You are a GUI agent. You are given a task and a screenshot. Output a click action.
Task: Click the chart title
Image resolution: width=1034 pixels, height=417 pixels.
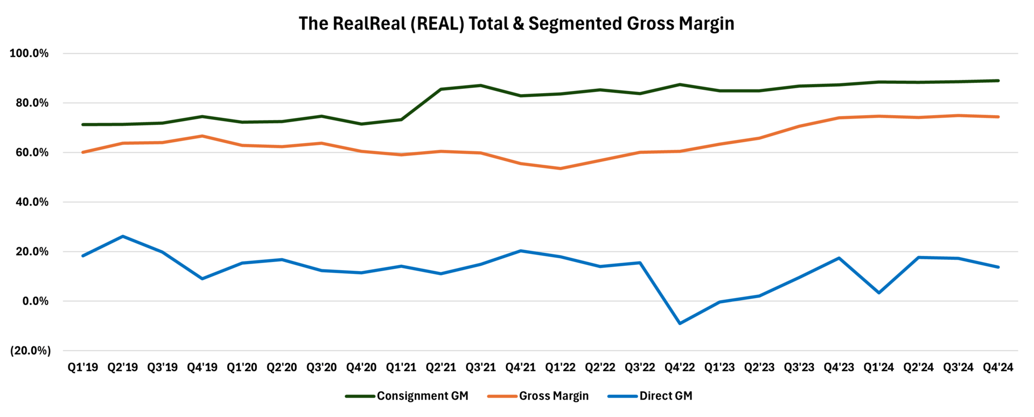point(516,24)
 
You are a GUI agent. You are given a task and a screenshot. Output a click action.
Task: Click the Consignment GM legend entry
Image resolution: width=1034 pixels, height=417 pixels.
point(422,396)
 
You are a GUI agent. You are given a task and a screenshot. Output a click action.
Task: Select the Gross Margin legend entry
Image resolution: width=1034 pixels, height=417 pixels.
point(554,396)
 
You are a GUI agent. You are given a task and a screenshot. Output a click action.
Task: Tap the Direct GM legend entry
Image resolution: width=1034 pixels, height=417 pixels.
point(666,396)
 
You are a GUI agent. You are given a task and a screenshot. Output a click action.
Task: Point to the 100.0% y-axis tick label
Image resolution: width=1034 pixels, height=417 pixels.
point(29,53)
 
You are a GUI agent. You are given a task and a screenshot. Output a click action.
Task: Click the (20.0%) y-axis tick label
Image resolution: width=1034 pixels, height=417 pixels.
point(30,351)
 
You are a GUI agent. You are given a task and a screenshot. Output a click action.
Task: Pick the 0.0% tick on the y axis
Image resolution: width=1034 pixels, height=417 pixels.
point(34,301)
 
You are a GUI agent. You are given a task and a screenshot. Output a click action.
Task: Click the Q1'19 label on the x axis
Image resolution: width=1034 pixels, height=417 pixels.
point(83,367)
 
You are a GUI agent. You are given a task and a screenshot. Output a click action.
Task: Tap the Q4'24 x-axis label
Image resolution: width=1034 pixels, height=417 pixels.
point(998,367)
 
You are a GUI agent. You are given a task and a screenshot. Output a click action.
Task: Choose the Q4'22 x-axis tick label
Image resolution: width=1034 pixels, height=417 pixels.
point(680,367)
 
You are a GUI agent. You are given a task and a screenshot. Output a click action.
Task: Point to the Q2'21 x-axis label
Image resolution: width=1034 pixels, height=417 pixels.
point(441,367)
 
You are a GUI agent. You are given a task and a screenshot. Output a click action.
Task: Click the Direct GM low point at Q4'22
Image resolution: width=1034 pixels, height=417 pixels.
point(680,323)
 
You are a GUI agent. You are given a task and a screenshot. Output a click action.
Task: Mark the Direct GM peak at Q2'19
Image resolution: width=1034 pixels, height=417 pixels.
point(123,236)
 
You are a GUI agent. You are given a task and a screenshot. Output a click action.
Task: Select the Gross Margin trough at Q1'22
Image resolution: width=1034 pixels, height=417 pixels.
point(561,168)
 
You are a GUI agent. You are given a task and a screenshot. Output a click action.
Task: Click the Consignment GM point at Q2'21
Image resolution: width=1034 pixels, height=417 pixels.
point(441,89)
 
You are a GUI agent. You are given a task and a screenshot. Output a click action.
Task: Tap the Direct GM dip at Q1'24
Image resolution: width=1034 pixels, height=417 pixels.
point(879,293)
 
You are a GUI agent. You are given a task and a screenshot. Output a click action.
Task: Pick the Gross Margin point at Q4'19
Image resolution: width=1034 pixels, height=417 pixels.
point(202,136)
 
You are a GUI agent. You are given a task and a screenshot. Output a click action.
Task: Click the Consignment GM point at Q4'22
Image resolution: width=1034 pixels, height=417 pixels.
point(680,84)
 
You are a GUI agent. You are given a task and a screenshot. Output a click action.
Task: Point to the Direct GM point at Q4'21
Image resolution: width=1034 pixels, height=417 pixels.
point(521,251)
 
